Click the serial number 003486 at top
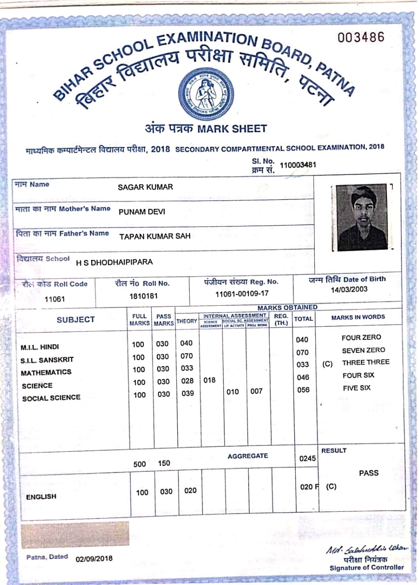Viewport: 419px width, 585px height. pos(361,37)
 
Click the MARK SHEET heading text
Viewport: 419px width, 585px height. pos(232,129)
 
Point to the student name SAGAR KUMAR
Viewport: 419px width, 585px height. pos(145,187)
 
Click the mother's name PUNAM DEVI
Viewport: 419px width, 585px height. pos(142,212)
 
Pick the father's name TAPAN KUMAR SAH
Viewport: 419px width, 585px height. pos(155,236)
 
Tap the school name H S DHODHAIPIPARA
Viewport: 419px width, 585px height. pos(114,262)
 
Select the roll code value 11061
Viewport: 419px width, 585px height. pos(55,299)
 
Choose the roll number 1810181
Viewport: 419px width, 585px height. pos(143,296)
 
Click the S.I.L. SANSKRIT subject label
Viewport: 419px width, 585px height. pos(47,360)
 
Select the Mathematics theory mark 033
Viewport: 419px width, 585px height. pos(187,368)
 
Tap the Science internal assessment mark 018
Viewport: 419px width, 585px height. pos(209,380)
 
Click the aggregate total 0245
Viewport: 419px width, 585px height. pos(307,458)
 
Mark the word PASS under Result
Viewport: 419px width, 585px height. pos(368,473)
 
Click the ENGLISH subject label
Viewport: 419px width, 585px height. pos(41,497)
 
